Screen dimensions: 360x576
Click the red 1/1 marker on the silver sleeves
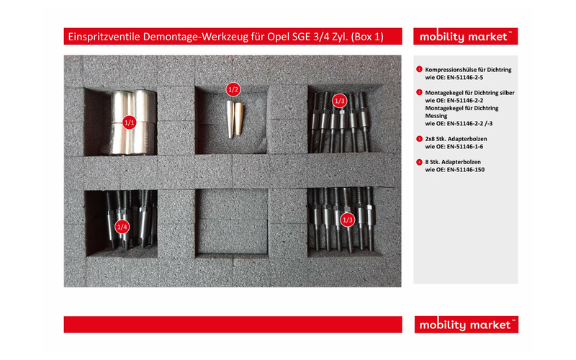[x=130, y=122]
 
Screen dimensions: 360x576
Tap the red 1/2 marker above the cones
[x=233, y=89]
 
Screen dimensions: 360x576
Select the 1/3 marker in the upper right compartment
[x=340, y=100]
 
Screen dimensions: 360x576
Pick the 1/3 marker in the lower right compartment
[x=348, y=219]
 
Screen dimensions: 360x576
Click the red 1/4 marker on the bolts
[x=122, y=227]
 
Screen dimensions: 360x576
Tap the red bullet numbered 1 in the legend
[x=419, y=69]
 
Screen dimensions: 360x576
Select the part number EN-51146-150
[x=474, y=171]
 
